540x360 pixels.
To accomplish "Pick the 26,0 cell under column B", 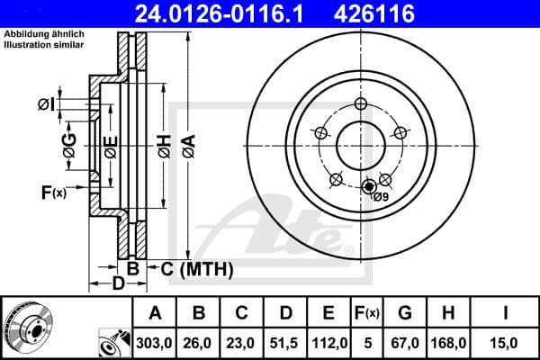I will (199, 342).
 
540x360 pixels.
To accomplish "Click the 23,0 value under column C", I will (242, 342).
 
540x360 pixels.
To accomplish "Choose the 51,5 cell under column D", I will (285, 342).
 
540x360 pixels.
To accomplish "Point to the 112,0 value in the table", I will (328, 342).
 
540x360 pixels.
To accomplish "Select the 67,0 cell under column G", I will (405, 342).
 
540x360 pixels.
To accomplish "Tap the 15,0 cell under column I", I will (508, 342).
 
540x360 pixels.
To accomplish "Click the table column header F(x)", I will (367, 312).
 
